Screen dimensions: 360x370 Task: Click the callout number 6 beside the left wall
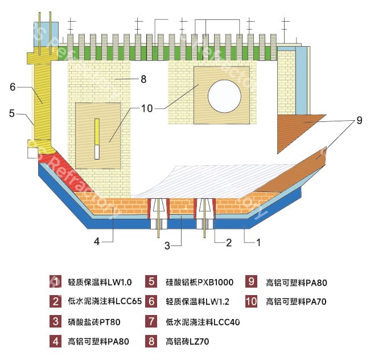pos(12,87)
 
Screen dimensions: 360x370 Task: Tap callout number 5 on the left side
pos(12,113)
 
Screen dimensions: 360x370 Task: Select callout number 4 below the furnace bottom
pos(97,241)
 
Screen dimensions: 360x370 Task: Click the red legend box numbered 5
pos(151,281)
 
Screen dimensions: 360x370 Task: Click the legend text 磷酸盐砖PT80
pos(94,322)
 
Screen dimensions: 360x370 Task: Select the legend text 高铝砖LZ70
pos(188,342)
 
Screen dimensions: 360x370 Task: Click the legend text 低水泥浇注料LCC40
pos(202,322)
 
